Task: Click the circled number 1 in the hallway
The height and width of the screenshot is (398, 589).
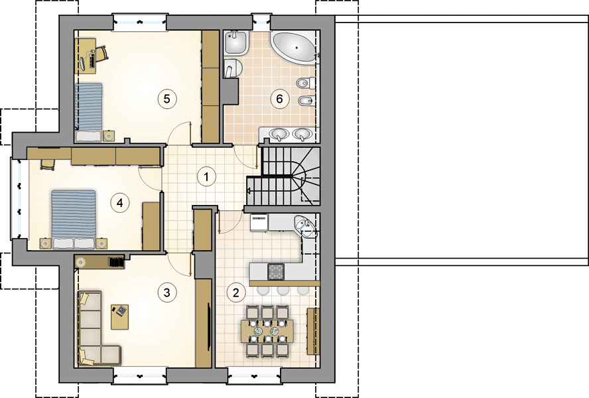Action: point(206,176)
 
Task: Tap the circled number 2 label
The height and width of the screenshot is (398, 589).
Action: point(236,293)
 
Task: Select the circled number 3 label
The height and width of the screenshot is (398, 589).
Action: point(166,293)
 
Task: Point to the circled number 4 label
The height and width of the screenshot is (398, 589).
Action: point(119,203)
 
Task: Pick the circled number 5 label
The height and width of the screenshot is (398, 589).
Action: point(166,99)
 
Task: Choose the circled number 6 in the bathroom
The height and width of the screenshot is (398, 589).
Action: point(279,99)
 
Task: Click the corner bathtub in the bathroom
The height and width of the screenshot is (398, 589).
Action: point(294,47)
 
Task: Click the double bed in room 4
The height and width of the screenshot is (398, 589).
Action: point(74,219)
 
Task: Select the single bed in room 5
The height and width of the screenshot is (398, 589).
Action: point(89,112)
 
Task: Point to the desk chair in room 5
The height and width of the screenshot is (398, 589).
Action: point(101,53)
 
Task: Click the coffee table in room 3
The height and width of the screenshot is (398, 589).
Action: point(120,317)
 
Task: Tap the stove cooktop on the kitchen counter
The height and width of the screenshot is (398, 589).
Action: point(276,272)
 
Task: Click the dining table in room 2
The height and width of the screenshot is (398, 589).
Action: point(267,331)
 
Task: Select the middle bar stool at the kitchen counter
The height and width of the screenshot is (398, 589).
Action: point(283,290)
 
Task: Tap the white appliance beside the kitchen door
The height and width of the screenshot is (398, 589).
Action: point(259,222)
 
